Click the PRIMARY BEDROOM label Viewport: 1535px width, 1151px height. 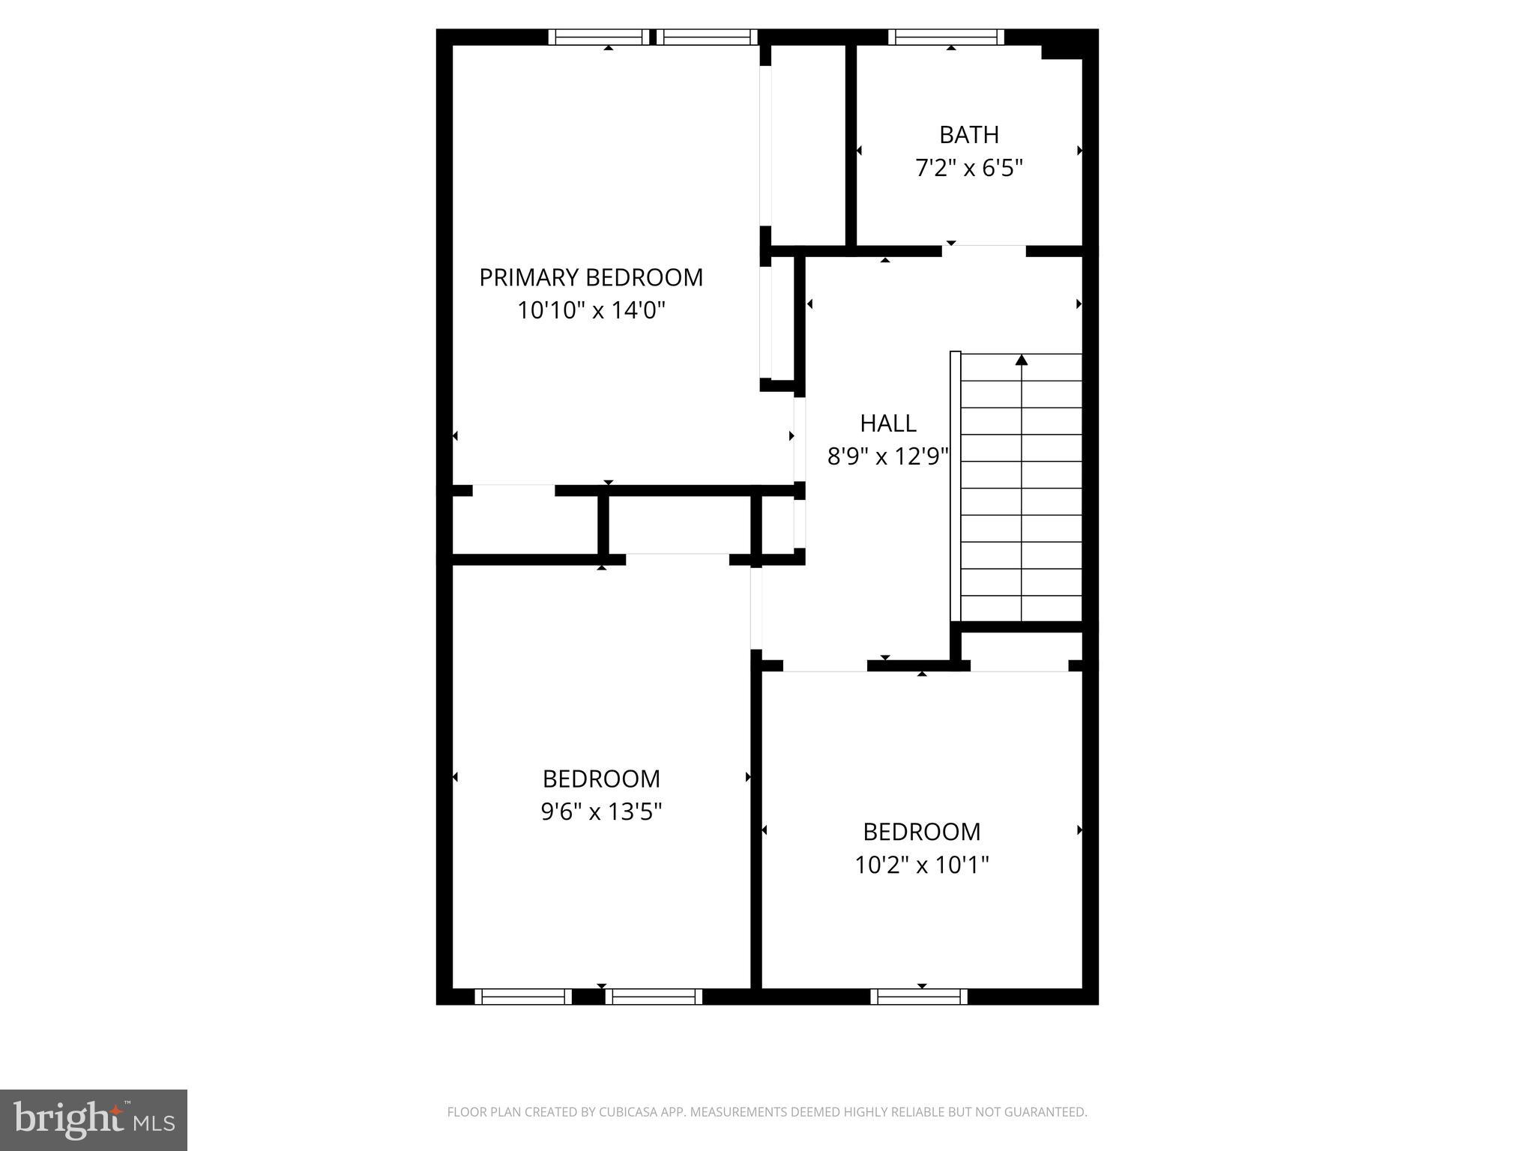tap(591, 277)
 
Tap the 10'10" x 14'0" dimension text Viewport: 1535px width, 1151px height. tap(591, 310)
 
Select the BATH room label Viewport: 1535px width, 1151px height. tap(968, 135)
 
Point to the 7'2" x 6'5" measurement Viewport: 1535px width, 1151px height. tap(968, 168)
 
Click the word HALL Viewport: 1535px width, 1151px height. tap(887, 423)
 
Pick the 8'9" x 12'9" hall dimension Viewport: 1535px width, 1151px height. tap(887, 456)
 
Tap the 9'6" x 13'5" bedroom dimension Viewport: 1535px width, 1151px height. tap(601, 812)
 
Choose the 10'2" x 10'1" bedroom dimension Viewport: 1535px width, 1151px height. tap(921, 865)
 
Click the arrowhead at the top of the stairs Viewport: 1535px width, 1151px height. tap(1021, 360)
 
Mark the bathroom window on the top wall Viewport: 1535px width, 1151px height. tap(946, 37)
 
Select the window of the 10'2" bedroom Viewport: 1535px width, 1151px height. tap(919, 997)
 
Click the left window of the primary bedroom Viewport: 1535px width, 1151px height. tap(598, 37)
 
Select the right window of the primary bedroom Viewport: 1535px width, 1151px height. tap(708, 37)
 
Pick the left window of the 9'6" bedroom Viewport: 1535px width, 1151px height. tap(523, 997)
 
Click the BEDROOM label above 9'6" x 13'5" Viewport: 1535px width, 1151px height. tap(601, 779)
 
